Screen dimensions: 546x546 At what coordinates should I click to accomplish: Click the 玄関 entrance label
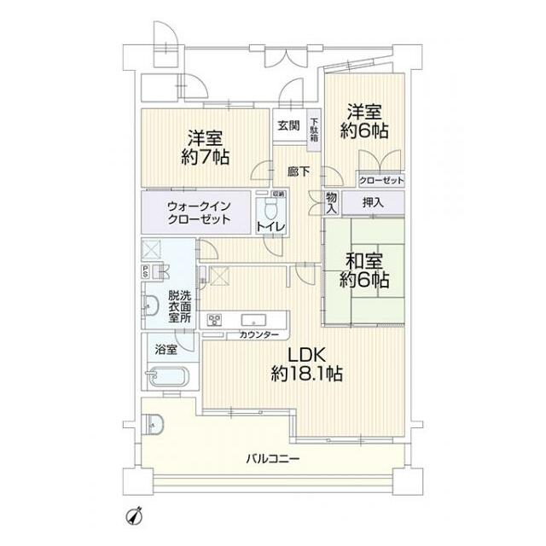tap(288, 125)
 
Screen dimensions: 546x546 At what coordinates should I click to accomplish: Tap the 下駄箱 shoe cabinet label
tap(314, 129)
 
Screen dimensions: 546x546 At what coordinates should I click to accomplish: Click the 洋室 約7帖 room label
tap(205, 146)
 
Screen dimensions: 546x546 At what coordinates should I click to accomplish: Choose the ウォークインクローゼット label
tap(199, 212)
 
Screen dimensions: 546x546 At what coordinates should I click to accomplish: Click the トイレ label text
tap(270, 226)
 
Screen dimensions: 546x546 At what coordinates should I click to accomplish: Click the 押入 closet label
tap(373, 203)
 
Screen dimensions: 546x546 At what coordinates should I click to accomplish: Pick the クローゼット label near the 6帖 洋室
tap(381, 181)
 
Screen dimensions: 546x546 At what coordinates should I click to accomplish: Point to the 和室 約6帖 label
tap(368, 269)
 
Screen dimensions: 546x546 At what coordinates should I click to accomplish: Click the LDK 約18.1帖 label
tap(308, 363)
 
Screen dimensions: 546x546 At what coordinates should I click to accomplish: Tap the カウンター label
tap(256, 335)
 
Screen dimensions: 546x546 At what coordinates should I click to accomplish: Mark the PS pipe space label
tap(146, 273)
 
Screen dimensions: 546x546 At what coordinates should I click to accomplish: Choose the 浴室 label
tap(166, 349)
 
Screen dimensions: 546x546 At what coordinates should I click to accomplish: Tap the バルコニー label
tap(272, 458)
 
